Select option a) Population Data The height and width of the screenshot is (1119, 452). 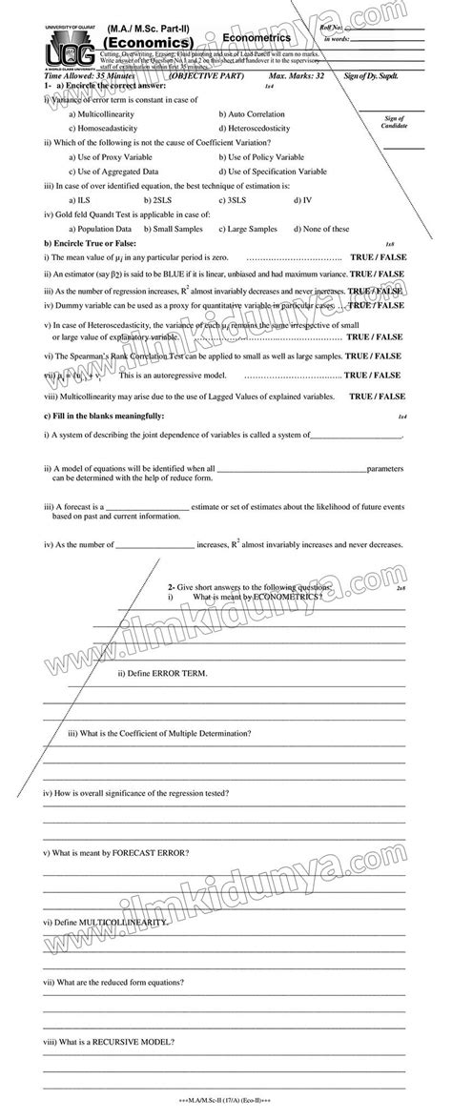click(100, 229)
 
